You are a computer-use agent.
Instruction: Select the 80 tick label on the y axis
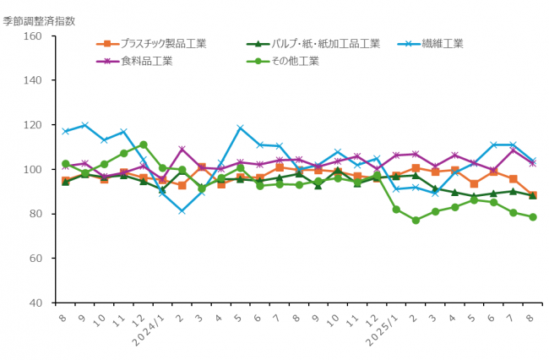point(35,214)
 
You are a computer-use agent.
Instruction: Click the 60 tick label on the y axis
point(35,258)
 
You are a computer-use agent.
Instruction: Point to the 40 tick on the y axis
point(35,303)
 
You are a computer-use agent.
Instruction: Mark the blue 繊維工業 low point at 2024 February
point(182,210)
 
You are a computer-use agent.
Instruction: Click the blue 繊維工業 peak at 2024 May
point(240,128)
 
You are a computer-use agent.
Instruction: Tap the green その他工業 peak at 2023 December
point(143,145)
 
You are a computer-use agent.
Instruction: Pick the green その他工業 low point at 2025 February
point(416,220)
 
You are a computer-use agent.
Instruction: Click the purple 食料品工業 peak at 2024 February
point(182,150)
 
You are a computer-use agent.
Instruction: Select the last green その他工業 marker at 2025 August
point(532,217)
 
